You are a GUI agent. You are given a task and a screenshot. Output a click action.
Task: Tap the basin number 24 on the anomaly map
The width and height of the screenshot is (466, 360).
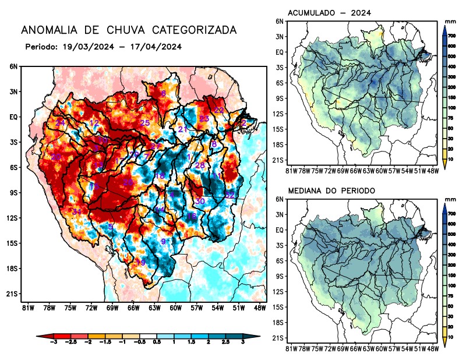(61, 122)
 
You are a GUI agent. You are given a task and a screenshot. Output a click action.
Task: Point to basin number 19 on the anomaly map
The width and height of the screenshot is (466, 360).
(140, 263)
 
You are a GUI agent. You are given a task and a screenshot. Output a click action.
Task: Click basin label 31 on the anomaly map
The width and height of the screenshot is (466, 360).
(76, 211)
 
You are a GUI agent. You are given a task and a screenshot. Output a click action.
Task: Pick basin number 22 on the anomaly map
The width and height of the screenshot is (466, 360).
(219, 110)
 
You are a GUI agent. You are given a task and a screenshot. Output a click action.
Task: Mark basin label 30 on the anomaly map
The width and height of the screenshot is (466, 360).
(200, 201)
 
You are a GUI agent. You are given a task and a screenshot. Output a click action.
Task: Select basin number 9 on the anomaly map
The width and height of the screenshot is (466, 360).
(164, 241)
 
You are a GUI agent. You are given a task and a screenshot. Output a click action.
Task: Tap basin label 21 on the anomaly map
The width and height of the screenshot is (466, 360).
(182, 129)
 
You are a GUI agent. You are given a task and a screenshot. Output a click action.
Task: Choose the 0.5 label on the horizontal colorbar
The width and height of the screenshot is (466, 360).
(156, 346)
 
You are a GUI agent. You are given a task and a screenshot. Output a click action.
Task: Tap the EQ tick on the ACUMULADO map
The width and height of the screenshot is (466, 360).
(280, 52)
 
